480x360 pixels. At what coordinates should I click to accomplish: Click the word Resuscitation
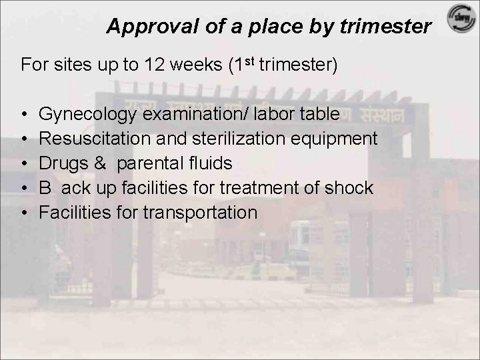[88, 139]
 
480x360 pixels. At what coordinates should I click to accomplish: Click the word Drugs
[60, 163]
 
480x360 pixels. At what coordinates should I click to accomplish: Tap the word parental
[149, 163]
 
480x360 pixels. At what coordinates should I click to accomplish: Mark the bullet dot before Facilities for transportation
[24, 213]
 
